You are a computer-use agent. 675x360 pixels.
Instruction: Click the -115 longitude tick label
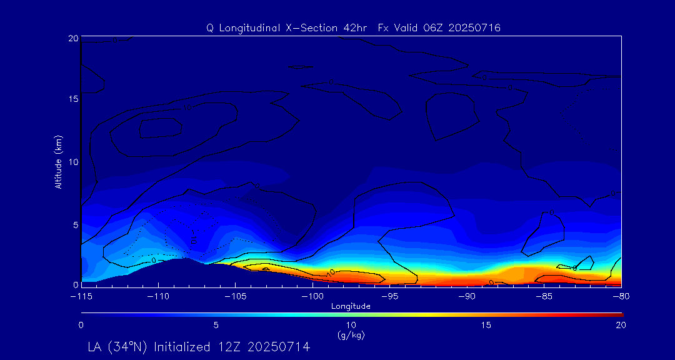click(x=81, y=295)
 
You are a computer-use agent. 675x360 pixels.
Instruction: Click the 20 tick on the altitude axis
click(x=72, y=38)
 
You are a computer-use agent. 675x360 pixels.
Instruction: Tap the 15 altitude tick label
click(x=72, y=99)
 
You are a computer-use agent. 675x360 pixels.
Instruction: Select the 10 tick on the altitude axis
click(x=72, y=161)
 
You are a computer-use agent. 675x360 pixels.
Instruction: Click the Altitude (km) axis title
click(x=59, y=161)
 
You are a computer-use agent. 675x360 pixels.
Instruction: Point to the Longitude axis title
click(x=351, y=306)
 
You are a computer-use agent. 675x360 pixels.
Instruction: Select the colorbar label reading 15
click(x=486, y=325)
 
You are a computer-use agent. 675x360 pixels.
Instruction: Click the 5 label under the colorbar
click(x=216, y=325)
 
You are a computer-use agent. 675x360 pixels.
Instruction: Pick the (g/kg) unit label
click(x=351, y=335)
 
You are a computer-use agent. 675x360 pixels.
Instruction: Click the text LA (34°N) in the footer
click(x=117, y=346)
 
